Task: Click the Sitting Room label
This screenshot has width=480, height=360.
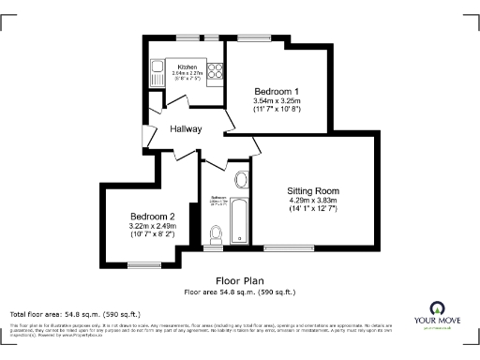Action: pyautogui.click(x=312, y=190)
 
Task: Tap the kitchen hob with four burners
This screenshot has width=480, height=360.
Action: pyautogui.click(x=214, y=68)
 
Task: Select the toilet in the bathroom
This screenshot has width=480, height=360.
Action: pyautogui.click(x=217, y=234)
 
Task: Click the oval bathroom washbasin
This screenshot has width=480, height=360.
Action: pyautogui.click(x=239, y=179)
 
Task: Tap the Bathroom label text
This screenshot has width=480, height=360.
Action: pyautogui.click(x=217, y=198)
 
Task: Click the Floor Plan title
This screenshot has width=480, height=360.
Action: pyautogui.click(x=240, y=280)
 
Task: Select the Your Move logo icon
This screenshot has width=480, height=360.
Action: pyautogui.click(x=437, y=307)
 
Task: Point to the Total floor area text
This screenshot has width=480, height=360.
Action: pyautogui.click(x=75, y=313)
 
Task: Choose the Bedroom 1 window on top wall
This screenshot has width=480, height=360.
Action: pyautogui.click(x=251, y=39)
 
